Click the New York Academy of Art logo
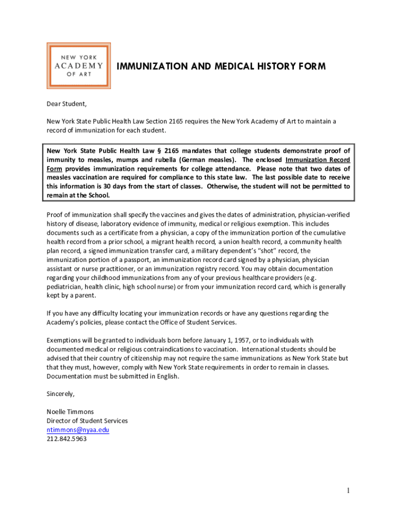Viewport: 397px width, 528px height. click(x=79, y=65)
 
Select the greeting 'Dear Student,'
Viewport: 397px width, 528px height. click(x=67, y=104)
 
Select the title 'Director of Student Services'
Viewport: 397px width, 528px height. click(x=87, y=421)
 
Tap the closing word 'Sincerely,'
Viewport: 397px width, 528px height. click(x=61, y=394)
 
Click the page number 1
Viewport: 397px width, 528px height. click(x=349, y=491)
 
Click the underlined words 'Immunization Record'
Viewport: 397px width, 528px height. click(x=318, y=159)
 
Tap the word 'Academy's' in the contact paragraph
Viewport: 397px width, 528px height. click(x=62, y=322)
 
